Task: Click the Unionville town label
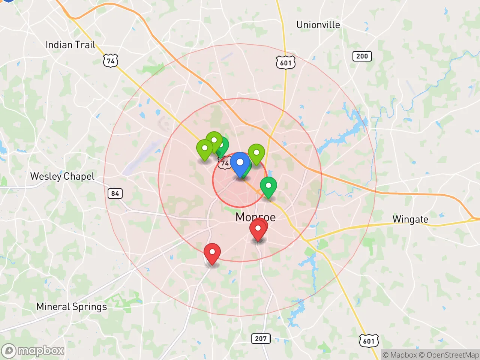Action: pos(318,25)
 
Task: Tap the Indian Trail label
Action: pos(70,45)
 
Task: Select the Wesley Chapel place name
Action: pos(62,176)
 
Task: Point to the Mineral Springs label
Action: pos(71,307)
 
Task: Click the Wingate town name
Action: pos(410,219)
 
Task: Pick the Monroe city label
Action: pos(255,217)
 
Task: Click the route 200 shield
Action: pos(362,56)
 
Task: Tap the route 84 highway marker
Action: pos(115,193)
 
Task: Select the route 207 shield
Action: pos(261,339)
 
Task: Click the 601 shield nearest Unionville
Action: pos(286,63)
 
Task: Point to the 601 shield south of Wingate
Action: pos(369,341)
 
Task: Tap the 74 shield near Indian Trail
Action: pos(111,61)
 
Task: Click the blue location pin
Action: pos(240,163)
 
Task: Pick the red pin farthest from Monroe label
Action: pos(212,253)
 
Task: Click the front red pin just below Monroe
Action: pos(258,229)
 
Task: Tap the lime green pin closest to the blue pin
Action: pos(256,153)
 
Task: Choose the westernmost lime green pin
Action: pos(205,149)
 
